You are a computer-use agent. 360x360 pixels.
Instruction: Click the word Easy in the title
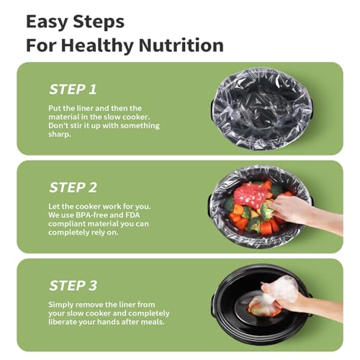(x=47, y=22)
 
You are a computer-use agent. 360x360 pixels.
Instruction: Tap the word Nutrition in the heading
(x=181, y=45)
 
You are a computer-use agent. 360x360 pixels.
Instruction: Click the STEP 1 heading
(x=73, y=89)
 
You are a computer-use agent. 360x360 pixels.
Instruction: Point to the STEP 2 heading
(x=73, y=187)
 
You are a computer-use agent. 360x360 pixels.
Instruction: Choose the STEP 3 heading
(x=73, y=286)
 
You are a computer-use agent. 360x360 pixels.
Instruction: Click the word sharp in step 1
(x=59, y=135)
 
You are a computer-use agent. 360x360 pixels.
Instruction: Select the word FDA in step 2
(x=132, y=215)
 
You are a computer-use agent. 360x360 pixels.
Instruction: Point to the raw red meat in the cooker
(x=249, y=194)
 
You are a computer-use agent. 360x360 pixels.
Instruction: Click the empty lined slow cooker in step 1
(x=262, y=109)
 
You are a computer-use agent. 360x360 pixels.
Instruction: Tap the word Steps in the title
(x=99, y=22)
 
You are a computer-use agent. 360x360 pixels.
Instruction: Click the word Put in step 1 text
(x=54, y=108)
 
